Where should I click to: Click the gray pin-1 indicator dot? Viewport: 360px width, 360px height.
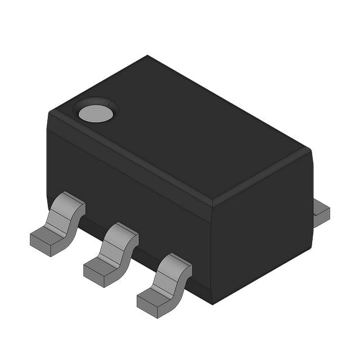(96, 114)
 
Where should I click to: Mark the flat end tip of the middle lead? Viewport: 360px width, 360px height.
(95, 272)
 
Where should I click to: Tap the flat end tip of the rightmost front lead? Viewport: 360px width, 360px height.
(148, 304)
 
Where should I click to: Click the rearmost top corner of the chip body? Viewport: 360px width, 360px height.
(147, 56)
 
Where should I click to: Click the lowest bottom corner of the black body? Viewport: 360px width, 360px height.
(212, 304)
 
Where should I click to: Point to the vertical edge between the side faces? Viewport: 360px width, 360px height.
(211, 253)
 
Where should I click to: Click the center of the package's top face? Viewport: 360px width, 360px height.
(180, 129)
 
